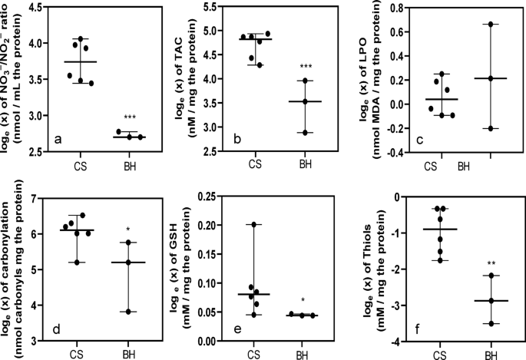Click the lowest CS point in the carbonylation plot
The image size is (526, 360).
71,263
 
